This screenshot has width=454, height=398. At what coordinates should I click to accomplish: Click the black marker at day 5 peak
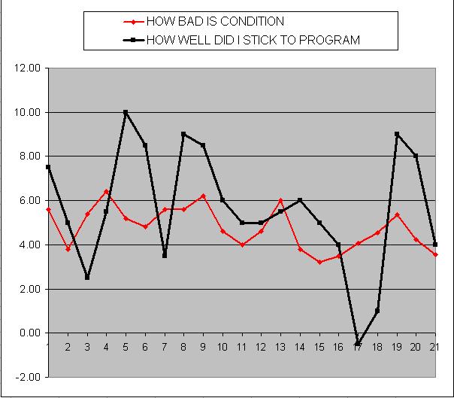pos(126,112)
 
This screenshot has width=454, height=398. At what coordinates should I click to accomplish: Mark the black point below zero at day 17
pos(358,344)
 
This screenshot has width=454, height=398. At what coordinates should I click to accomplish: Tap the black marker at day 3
pos(87,278)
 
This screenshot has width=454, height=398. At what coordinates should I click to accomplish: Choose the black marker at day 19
pos(397,135)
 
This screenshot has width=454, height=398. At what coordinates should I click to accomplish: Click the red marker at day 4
pos(107,191)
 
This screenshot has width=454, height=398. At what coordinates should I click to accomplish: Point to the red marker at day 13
pos(280,200)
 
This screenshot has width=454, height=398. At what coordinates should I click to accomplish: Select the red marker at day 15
pos(319,262)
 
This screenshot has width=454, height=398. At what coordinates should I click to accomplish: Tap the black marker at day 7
pos(165,256)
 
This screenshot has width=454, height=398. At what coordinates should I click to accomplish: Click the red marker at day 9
pos(203,196)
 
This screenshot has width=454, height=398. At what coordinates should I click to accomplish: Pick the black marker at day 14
pos(300,200)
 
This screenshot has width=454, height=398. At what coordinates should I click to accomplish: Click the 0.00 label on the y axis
pos(30,333)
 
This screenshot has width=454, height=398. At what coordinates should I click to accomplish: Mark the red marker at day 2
pos(68,249)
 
